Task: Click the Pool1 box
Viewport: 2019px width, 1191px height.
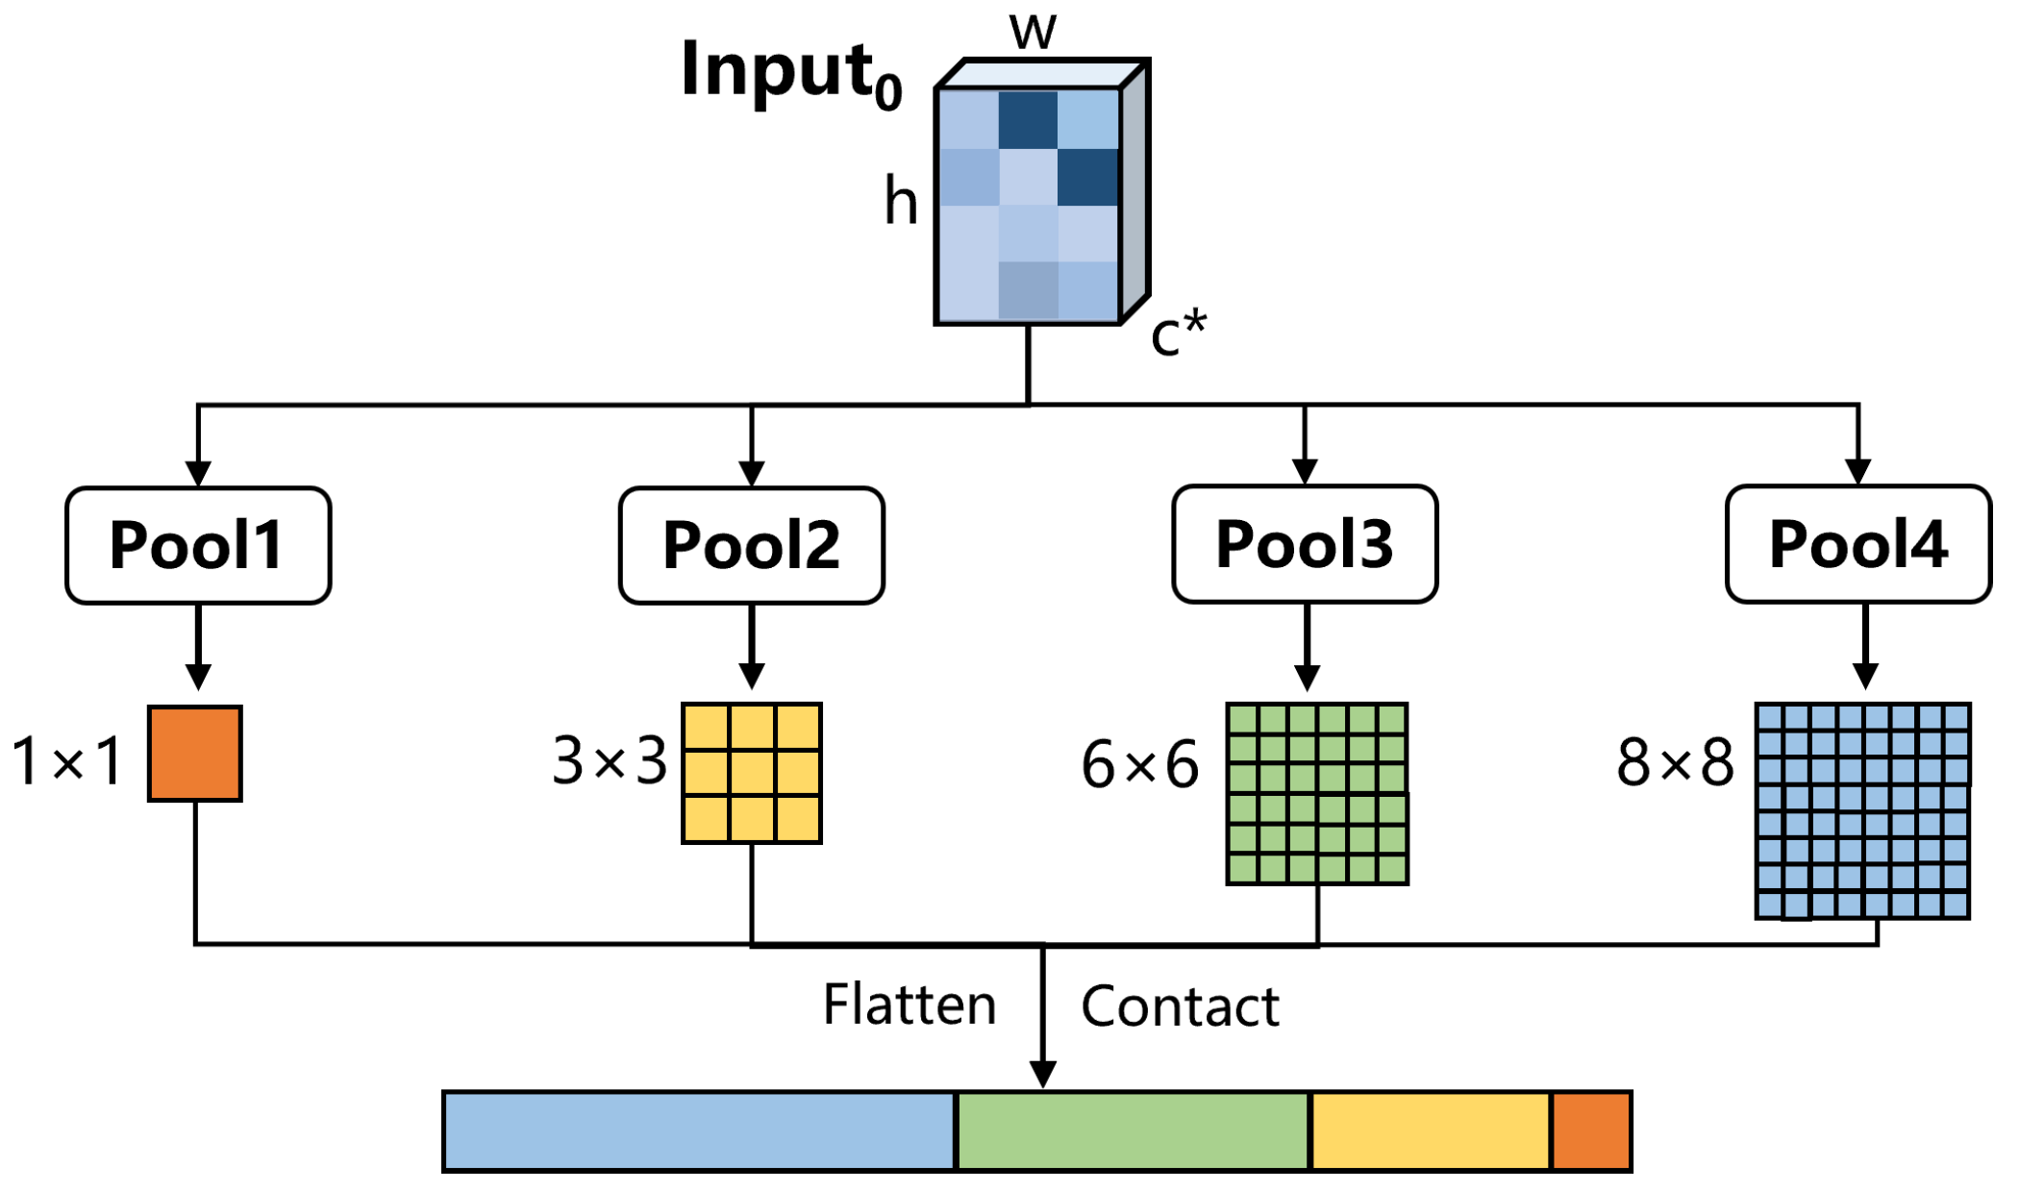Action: pyautogui.click(x=198, y=545)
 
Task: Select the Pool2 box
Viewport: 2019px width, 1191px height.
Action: pyautogui.click(x=751, y=545)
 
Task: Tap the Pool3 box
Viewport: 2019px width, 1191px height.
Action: pyautogui.click(x=1305, y=544)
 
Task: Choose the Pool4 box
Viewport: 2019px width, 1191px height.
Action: pyautogui.click(x=1857, y=544)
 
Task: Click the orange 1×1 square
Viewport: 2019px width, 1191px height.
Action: pyautogui.click(x=195, y=753)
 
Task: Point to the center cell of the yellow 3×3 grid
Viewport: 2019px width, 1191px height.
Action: pyautogui.click(x=752, y=773)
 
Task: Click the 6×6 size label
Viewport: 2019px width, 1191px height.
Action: pyautogui.click(x=1140, y=765)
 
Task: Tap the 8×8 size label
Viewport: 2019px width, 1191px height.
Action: pyautogui.click(x=1675, y=762)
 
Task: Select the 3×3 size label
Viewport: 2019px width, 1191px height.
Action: pyautogui.click(x=610, y=760)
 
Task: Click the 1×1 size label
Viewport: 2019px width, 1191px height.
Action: pyautogui.click(x=67, y=760)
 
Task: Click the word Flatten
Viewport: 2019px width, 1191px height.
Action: pyautogui.click(x=909, y=1005)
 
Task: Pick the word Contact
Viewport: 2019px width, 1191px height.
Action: pyautogui.click(x=1180, y=1006)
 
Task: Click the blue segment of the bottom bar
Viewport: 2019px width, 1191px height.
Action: pyautogui.click(x=699, y=1130)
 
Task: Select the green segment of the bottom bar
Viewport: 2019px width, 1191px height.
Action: pyautogui.click(x=1134, y=1130)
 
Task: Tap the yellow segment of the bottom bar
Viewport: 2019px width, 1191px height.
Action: pyautogui.click(x=1431, y=1130)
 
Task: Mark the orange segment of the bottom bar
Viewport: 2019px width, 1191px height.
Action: pyautogui.click(x=1591, y=1130)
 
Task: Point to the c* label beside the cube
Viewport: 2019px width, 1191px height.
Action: pyautogui.click(x=1179, y=334)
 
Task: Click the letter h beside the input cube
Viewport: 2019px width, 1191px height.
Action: pyautogui.click(x=901, y=202)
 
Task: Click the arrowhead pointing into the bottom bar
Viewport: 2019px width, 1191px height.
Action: pyautogui.click(x=1043, y=1074)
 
